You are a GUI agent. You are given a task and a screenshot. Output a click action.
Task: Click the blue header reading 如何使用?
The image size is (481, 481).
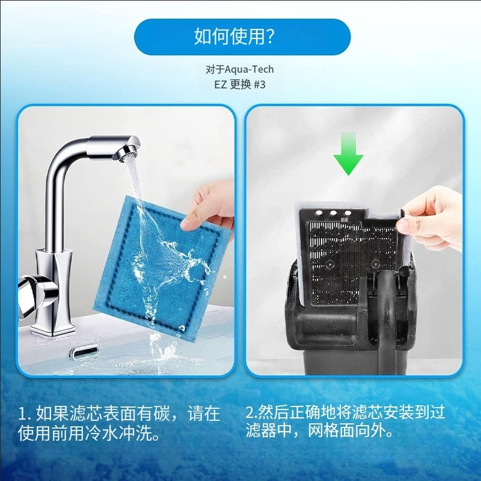(x=242, y=37)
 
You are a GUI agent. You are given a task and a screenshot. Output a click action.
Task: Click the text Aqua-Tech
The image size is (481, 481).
(x=249, y=70)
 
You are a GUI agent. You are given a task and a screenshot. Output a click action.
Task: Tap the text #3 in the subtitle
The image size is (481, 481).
(x=260, y=84)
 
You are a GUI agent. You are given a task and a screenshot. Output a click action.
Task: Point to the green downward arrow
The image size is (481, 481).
(x=349, y=153)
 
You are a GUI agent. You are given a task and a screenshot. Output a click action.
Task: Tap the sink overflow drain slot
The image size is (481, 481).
(x=85, y=352)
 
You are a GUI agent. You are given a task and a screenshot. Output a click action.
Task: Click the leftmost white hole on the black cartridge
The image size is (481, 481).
(x=319, y=213)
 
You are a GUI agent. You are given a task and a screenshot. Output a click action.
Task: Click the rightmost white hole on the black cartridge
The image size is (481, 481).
(x=348, y=213)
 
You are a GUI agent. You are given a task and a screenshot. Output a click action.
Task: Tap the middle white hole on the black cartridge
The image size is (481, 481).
(x=333, y=213)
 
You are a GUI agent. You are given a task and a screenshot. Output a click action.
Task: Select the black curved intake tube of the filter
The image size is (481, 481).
(x=387, y=316)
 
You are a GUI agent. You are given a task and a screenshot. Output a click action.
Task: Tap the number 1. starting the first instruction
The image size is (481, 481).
(x=25, y=414)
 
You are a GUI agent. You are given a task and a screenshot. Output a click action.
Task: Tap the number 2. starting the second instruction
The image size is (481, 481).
(x=251, y=412)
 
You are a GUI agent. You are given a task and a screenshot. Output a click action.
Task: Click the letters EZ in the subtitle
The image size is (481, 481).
(x=221, y=85)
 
